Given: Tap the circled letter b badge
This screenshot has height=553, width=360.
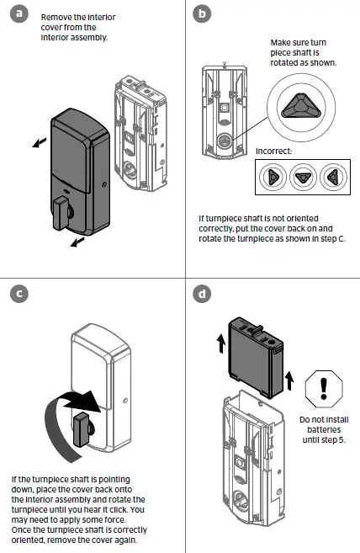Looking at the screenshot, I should [x=202, y=14].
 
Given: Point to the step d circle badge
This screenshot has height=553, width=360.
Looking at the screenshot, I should [x=202, y=295].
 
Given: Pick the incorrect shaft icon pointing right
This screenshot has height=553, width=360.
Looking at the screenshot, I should [x=272, y=177].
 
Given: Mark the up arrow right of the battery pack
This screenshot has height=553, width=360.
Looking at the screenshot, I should [x=292, y=381].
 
